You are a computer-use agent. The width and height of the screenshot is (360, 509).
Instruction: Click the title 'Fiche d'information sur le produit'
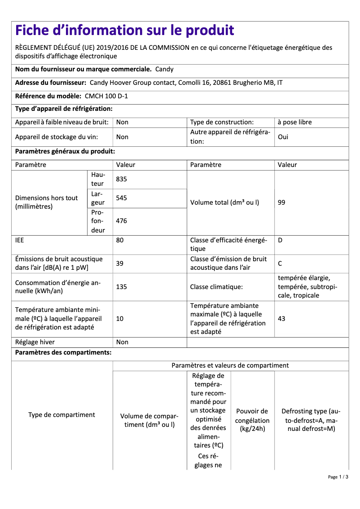pyautogui.click(x=125, y=30)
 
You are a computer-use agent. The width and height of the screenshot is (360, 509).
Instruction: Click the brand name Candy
pyautogui.click(x=164, y=69)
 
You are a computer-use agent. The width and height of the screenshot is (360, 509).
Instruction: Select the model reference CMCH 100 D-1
pyautogui.click(x=106, y=96)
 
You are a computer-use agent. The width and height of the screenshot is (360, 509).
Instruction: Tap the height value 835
pyautogui.click(x=122, y=179)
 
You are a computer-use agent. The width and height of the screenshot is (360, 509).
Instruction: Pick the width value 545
pyautogui.click(x=122, y=198)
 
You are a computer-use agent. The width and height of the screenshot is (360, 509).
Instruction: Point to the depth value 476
pyautogui.click(x=122, y=221)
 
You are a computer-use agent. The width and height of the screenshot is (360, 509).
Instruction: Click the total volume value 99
pyautogui.click(x=281, y=202)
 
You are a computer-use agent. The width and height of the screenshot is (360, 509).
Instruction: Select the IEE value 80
pyautogui.click(x=120, y=240)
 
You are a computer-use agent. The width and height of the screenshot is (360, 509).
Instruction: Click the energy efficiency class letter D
pyautogui.click(x=280, y=240)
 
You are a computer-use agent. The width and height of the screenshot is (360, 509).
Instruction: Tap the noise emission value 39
pyautogui.click(x=120, y=263)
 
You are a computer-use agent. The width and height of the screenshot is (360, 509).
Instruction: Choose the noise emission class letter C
pyautogui.click(x=280, y=263)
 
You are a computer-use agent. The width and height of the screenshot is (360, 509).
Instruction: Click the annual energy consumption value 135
pyautogui.click(x=122, y=286)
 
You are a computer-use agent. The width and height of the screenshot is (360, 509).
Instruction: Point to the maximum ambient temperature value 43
pyautogui.click(x=281, y=319)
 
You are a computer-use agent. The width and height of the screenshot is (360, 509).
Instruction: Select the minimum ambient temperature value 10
pyautogui.click(x=120, y=319)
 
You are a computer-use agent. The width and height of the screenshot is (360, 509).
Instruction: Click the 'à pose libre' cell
pyautogui.click(x=294, y=122)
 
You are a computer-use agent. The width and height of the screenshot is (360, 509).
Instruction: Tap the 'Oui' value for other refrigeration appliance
pyautogui.click(x=283, y=137)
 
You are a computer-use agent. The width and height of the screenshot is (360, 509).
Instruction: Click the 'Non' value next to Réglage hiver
pyautogui.click(x=122, y=342)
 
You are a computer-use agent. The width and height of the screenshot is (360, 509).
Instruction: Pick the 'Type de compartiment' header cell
pyautogui.click(x=61, y=415)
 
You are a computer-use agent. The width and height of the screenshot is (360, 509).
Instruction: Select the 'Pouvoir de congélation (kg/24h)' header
pyautogui.click(x=252, y=420)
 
